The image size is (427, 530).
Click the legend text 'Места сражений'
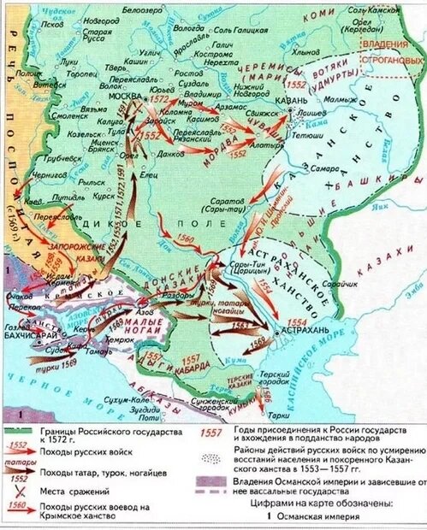coord(80,492)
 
